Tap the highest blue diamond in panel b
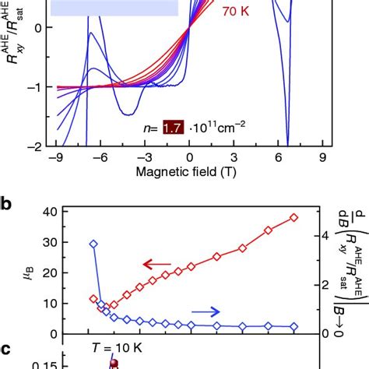(x=93, y=244)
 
